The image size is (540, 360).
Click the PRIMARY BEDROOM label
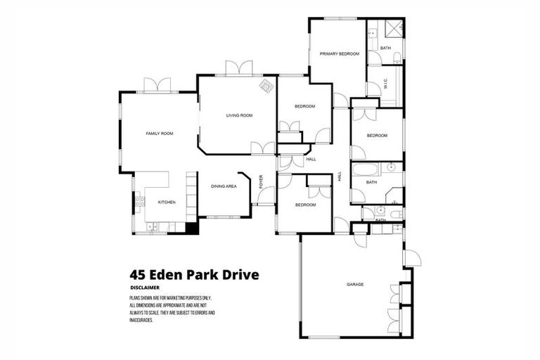pos(339,54)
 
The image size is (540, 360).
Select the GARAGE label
pos(354,285)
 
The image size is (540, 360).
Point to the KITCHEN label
pos(166,202)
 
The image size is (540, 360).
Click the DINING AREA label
pos(224,186)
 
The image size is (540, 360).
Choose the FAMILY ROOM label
pos(159,133)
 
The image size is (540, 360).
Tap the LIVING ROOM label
pos(239,115)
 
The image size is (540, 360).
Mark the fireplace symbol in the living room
pos(267,86)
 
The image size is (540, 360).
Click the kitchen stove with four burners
pos(140,201)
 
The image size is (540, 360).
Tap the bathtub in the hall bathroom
pos(364,169)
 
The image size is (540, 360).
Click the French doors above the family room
pos(157,85)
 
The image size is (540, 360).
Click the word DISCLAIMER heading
pos(145,288)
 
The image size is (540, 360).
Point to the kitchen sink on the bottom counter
pos(151,226)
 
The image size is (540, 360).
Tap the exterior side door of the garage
pos(412,258)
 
